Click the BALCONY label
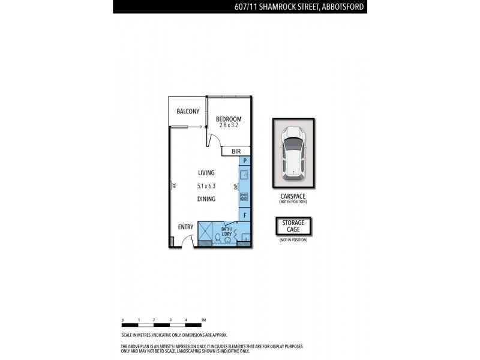(x=188, y=112)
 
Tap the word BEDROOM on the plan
(x=229, y=119)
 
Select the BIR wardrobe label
(x=227, y=152)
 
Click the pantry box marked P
(x=245, y=161)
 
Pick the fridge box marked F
(x=245, y=215)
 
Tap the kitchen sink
(x=245, y=175)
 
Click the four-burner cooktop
(x=245, y=196)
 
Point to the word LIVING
(x=206, y=173)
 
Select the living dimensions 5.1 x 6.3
(x=206, y=186)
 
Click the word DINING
(x=206, y=199)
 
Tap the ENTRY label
(x=185, y=227)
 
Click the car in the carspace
(x=293, y=152)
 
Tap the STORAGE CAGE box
(x=293, y=226)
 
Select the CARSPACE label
(x=293, y=196)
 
